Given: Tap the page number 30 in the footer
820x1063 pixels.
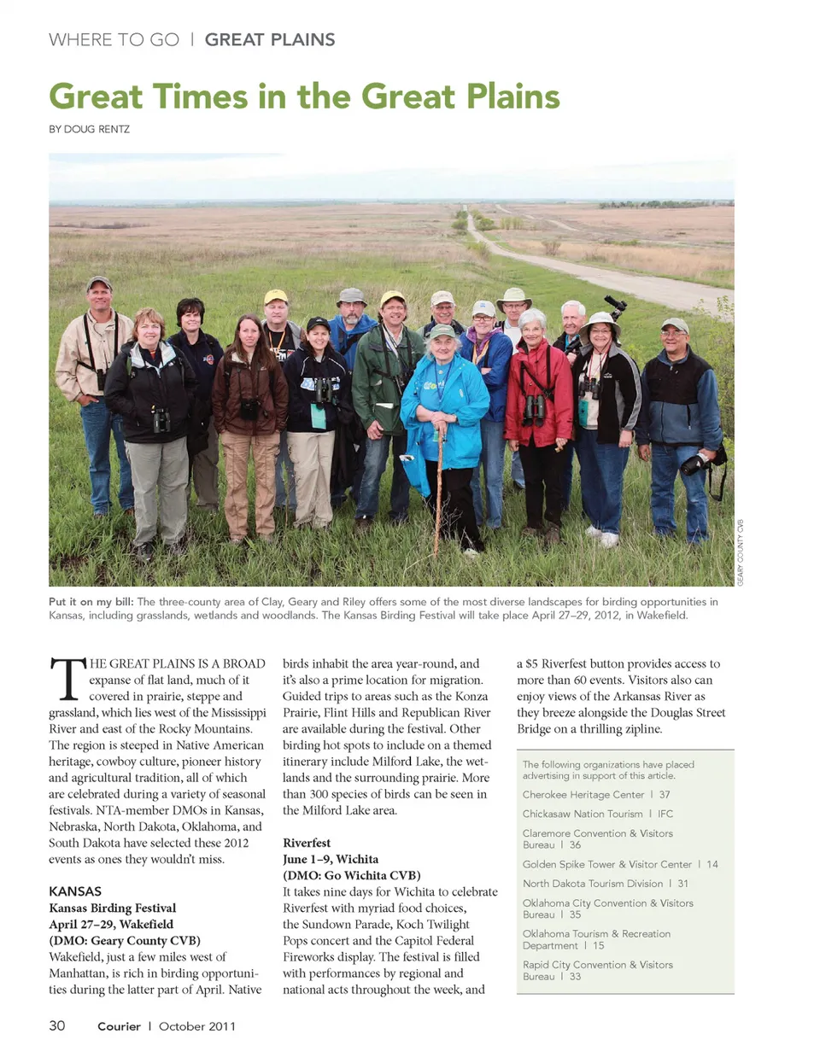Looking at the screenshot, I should point(57,1025).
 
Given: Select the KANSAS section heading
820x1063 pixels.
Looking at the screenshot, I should point(75,891).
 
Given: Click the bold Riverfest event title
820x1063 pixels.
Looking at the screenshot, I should point(307,843).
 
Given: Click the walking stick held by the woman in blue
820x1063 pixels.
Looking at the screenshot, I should point(439,487).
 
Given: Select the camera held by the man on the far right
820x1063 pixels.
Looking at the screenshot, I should point(693,464).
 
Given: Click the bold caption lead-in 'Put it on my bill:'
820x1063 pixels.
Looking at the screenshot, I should point(91,602).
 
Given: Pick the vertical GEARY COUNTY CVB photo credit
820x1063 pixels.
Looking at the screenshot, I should point(741,552).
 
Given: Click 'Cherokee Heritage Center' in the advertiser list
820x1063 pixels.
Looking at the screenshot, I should point(583,794).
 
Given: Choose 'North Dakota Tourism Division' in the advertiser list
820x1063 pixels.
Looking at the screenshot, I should point(593,884).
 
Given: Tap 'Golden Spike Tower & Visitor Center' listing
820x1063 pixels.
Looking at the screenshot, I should point(607,864).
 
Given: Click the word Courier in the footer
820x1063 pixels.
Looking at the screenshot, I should point(119,1026).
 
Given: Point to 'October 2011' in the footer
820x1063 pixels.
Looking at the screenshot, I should point(196,1026).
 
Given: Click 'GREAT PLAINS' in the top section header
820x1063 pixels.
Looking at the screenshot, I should point(270,40).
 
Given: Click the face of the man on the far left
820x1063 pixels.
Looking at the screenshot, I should point(99,298).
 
